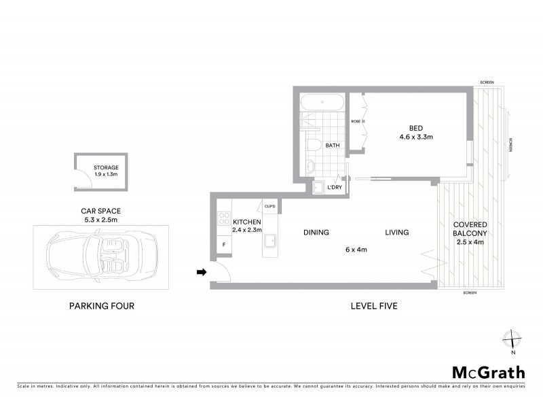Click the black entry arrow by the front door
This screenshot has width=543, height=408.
point(201,273)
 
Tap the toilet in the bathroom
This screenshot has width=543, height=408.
point(313,144)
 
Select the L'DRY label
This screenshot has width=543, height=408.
point(335,187)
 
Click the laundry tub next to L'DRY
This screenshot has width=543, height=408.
point(318,187)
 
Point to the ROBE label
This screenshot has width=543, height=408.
point(355,121)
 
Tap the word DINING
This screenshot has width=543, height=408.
point(316,233)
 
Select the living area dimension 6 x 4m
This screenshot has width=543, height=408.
point(356,250)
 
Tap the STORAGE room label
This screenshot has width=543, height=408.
point(105,167)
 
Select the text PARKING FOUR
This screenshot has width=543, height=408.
point(102,306)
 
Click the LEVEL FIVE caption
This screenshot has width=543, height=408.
point(373,306)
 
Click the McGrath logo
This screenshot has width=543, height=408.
point(488,372)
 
